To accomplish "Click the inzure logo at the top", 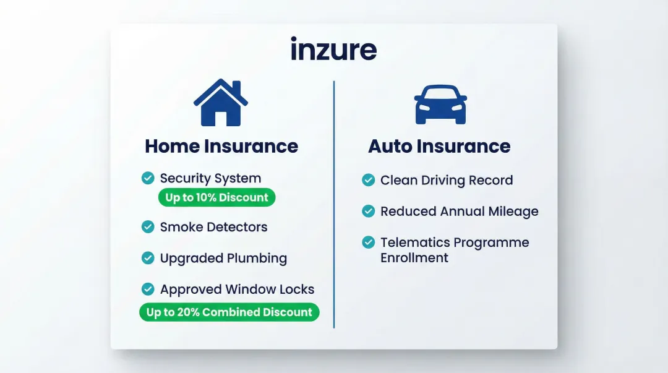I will click(333, 49).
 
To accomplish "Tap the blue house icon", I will click(221, 103).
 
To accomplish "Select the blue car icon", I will click(440, 105).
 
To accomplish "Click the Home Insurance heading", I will click(221, 146).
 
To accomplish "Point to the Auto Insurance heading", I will click(439, 146).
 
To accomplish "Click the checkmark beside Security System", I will click(148, 178).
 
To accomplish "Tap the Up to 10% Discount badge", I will click(216, 198).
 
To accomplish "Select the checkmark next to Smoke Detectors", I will click(148, 227).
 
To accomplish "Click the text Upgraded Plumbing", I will click(223, 258).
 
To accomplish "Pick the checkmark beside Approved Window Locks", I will click(148, 289).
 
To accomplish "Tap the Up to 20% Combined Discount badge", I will click(229, 312).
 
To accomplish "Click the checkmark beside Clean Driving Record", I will click(368, 180).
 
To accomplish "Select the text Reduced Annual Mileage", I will click(459, 211).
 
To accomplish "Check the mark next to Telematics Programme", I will click(368, 242).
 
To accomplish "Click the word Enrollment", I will click(414, 257).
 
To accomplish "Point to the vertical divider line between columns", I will click(334, 204).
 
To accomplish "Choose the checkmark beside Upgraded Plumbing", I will click(148, 258).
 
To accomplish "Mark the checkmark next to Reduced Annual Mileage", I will click(368, 211).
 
